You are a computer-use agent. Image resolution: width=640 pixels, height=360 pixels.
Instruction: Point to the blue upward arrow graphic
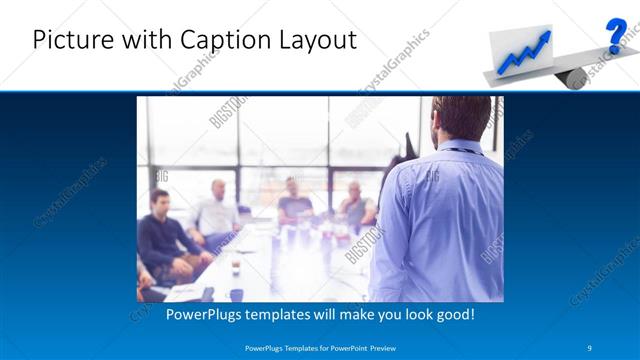pyautogui.click(x=526, y=53)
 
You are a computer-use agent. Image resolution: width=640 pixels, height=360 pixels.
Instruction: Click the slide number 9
pyautogui.click(x=589, y=347)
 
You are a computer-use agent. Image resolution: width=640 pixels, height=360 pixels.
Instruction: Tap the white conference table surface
pyautogui.click(x=290, y=265)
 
